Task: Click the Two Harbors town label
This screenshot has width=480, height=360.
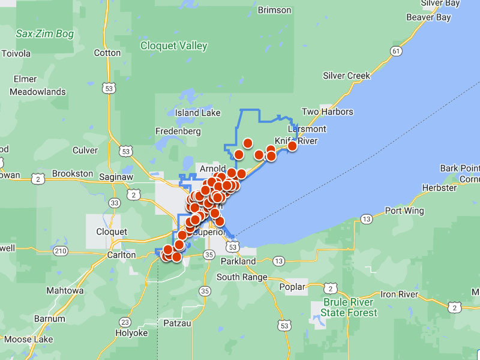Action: tap(327, 112)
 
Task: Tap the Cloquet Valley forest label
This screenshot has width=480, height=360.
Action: tap(173, 46)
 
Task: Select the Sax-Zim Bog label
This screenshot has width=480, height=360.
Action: tap(45, 34)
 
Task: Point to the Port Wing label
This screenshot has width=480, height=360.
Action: tap(404, 211)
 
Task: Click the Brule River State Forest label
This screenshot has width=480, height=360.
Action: tap(349, 307)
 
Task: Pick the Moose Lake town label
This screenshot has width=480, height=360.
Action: tap(26, 340)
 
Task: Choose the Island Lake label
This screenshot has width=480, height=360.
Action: tap(197, 113)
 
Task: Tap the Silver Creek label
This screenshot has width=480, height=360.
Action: tap(346, 76)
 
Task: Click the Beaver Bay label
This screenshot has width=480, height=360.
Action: tap(428, 17)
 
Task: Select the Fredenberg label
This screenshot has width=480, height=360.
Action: tap(178, 131)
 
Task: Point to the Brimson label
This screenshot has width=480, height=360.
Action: tap(274, 10)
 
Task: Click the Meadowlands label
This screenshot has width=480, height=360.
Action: tap(37, 92)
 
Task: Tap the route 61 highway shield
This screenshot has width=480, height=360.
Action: tap(395, 52)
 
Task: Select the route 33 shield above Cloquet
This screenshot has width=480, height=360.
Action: tap(114, 203)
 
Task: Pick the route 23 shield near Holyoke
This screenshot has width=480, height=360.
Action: tap(125, 322)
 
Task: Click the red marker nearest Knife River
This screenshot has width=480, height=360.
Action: tap(292, 146)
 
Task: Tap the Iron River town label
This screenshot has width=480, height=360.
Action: tap(399, 294)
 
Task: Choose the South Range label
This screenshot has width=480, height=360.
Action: tap(240, 277)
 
